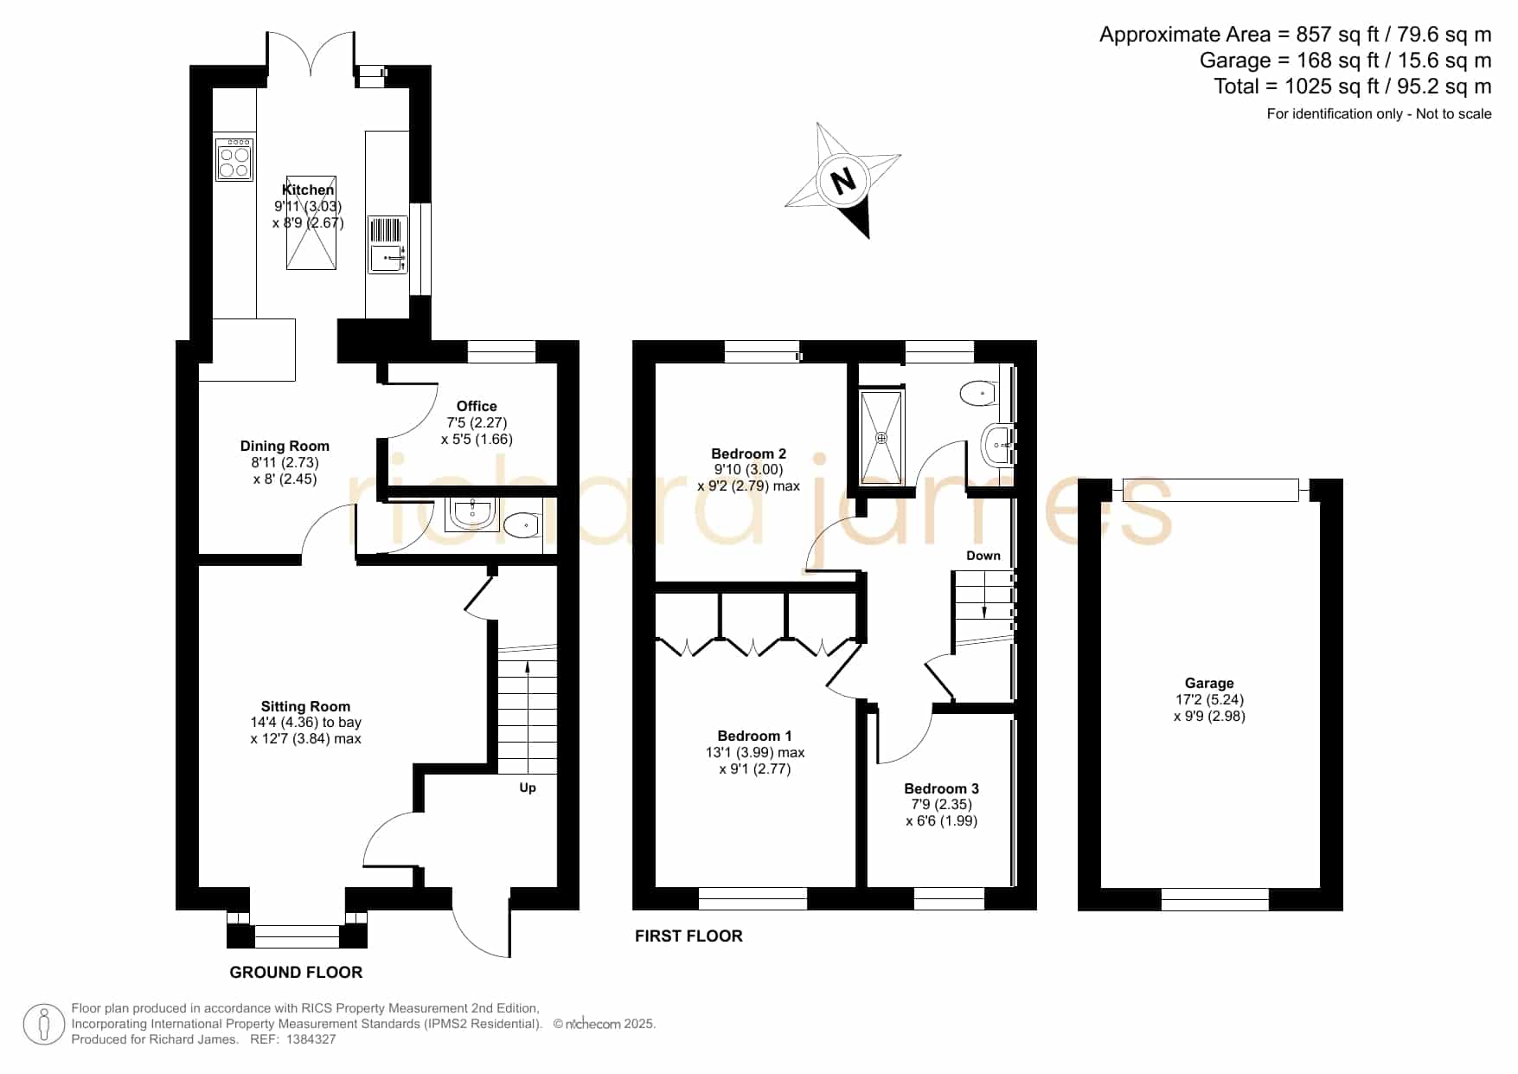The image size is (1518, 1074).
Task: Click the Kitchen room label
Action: tap(308, 190)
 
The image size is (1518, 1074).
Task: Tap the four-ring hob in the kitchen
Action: tap(234, 158)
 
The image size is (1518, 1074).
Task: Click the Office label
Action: tap(477, 406)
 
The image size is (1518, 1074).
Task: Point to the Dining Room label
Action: tap(285, 446)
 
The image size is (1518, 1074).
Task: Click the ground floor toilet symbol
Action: tap(521, 525)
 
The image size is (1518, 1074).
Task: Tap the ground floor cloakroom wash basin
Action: tap(472, 514)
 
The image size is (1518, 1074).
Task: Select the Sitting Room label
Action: tap(305, 706)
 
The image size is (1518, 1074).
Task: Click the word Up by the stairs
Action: tap(528, 788)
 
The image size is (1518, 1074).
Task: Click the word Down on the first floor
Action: tap(983, 556)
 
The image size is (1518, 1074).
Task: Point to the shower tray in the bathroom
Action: tap(881, 438)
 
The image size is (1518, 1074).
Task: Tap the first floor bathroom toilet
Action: tap(979, 393)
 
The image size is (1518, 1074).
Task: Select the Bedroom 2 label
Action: tap(748, 453)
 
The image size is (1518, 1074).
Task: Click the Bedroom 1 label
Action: tap(754, 736)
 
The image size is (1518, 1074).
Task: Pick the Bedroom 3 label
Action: tap(941, 788)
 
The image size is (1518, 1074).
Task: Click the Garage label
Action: tap(1209, 683)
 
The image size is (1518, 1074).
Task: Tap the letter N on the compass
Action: tap(842, 181)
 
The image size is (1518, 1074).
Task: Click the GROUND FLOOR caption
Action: tap(296, 972)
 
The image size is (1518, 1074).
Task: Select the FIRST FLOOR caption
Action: tap(689, 936)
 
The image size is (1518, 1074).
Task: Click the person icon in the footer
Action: tap(43, 1025)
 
